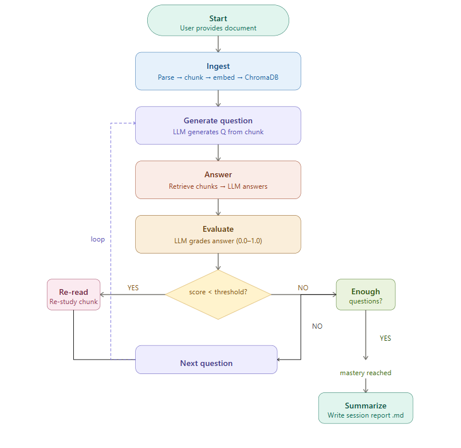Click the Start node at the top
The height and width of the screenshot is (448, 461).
coord(218,21)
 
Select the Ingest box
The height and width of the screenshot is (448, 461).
coord(218,71)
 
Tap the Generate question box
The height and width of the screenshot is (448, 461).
coord(218,125)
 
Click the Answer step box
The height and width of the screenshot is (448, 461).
coord(218,180)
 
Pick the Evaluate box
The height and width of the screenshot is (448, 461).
coord(218,234)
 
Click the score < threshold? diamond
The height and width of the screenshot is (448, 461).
coord(218,294)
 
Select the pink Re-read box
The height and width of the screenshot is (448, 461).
coord(73,295)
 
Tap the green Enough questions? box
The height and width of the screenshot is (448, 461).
coord(365,295)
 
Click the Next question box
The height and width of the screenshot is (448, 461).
coord(206,360)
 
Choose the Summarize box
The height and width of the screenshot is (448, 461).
coord(365,408)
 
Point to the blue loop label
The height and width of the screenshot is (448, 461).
coord(98,239)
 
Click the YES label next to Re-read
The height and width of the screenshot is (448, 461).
coord(133,288)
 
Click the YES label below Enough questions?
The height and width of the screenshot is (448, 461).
coord(385,338)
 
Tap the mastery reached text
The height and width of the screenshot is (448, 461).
coord(365,373)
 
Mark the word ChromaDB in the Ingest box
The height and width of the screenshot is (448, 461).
coord(262,77)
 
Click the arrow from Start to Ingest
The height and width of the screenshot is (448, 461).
coord(218,44)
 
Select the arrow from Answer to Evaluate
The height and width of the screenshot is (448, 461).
coord(218,207)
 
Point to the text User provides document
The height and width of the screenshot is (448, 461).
coord(218,28)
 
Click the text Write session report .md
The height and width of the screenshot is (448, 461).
coord(365,415)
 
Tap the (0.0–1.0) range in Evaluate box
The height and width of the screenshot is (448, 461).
coord(249,241)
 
